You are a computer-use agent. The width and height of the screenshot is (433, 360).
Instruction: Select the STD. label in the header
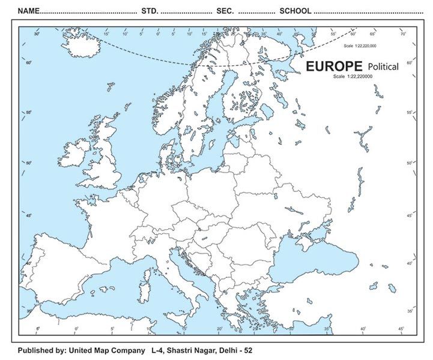(x=150, y=11)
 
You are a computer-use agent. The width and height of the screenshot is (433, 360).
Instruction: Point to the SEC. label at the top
(x=225, y=11)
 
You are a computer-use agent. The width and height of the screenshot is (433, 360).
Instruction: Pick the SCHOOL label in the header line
(x=295, y=11)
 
